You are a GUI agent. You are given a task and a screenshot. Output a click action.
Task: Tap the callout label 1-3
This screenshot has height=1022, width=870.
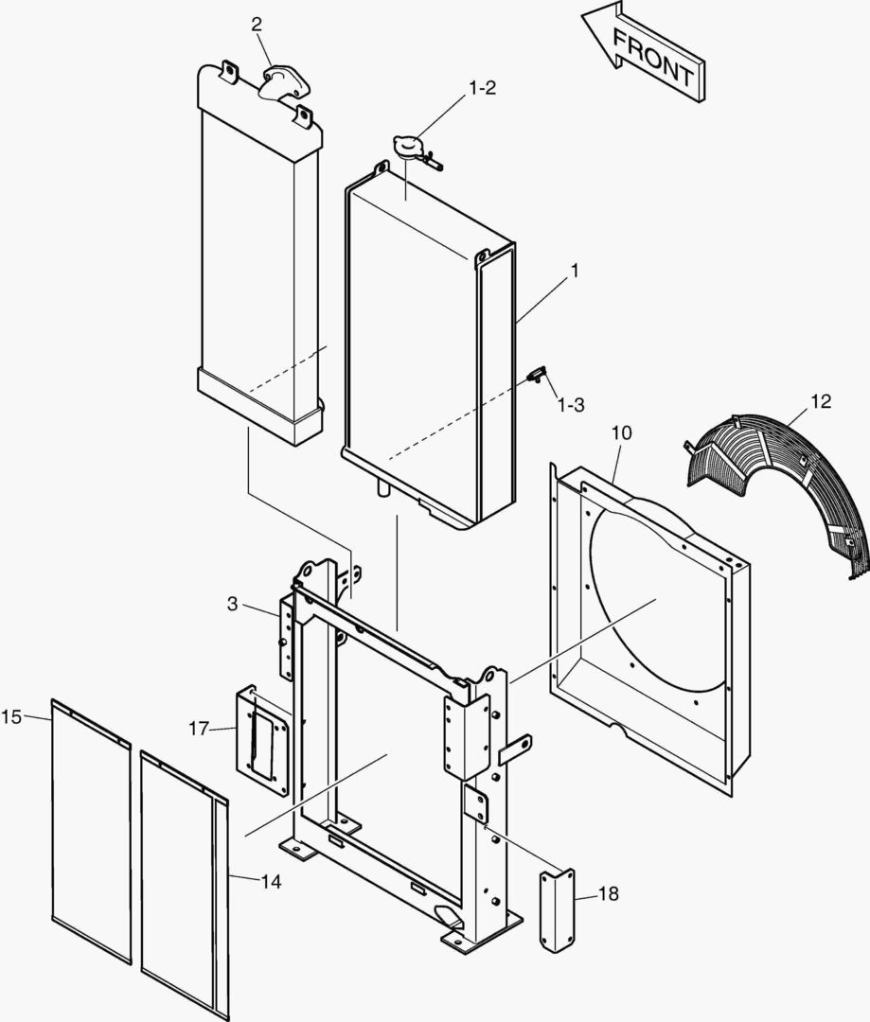[x=570, y=404]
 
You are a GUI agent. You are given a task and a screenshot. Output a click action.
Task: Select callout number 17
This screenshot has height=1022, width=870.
[x=199, y=728]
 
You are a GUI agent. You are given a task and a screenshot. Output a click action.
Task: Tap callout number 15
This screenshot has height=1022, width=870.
[x=11, y=716]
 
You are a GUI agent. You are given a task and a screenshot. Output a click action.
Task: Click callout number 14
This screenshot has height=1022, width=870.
[x=272, y=882]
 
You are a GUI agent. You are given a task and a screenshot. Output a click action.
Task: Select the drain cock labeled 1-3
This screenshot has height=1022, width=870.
[x=536, y=376]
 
